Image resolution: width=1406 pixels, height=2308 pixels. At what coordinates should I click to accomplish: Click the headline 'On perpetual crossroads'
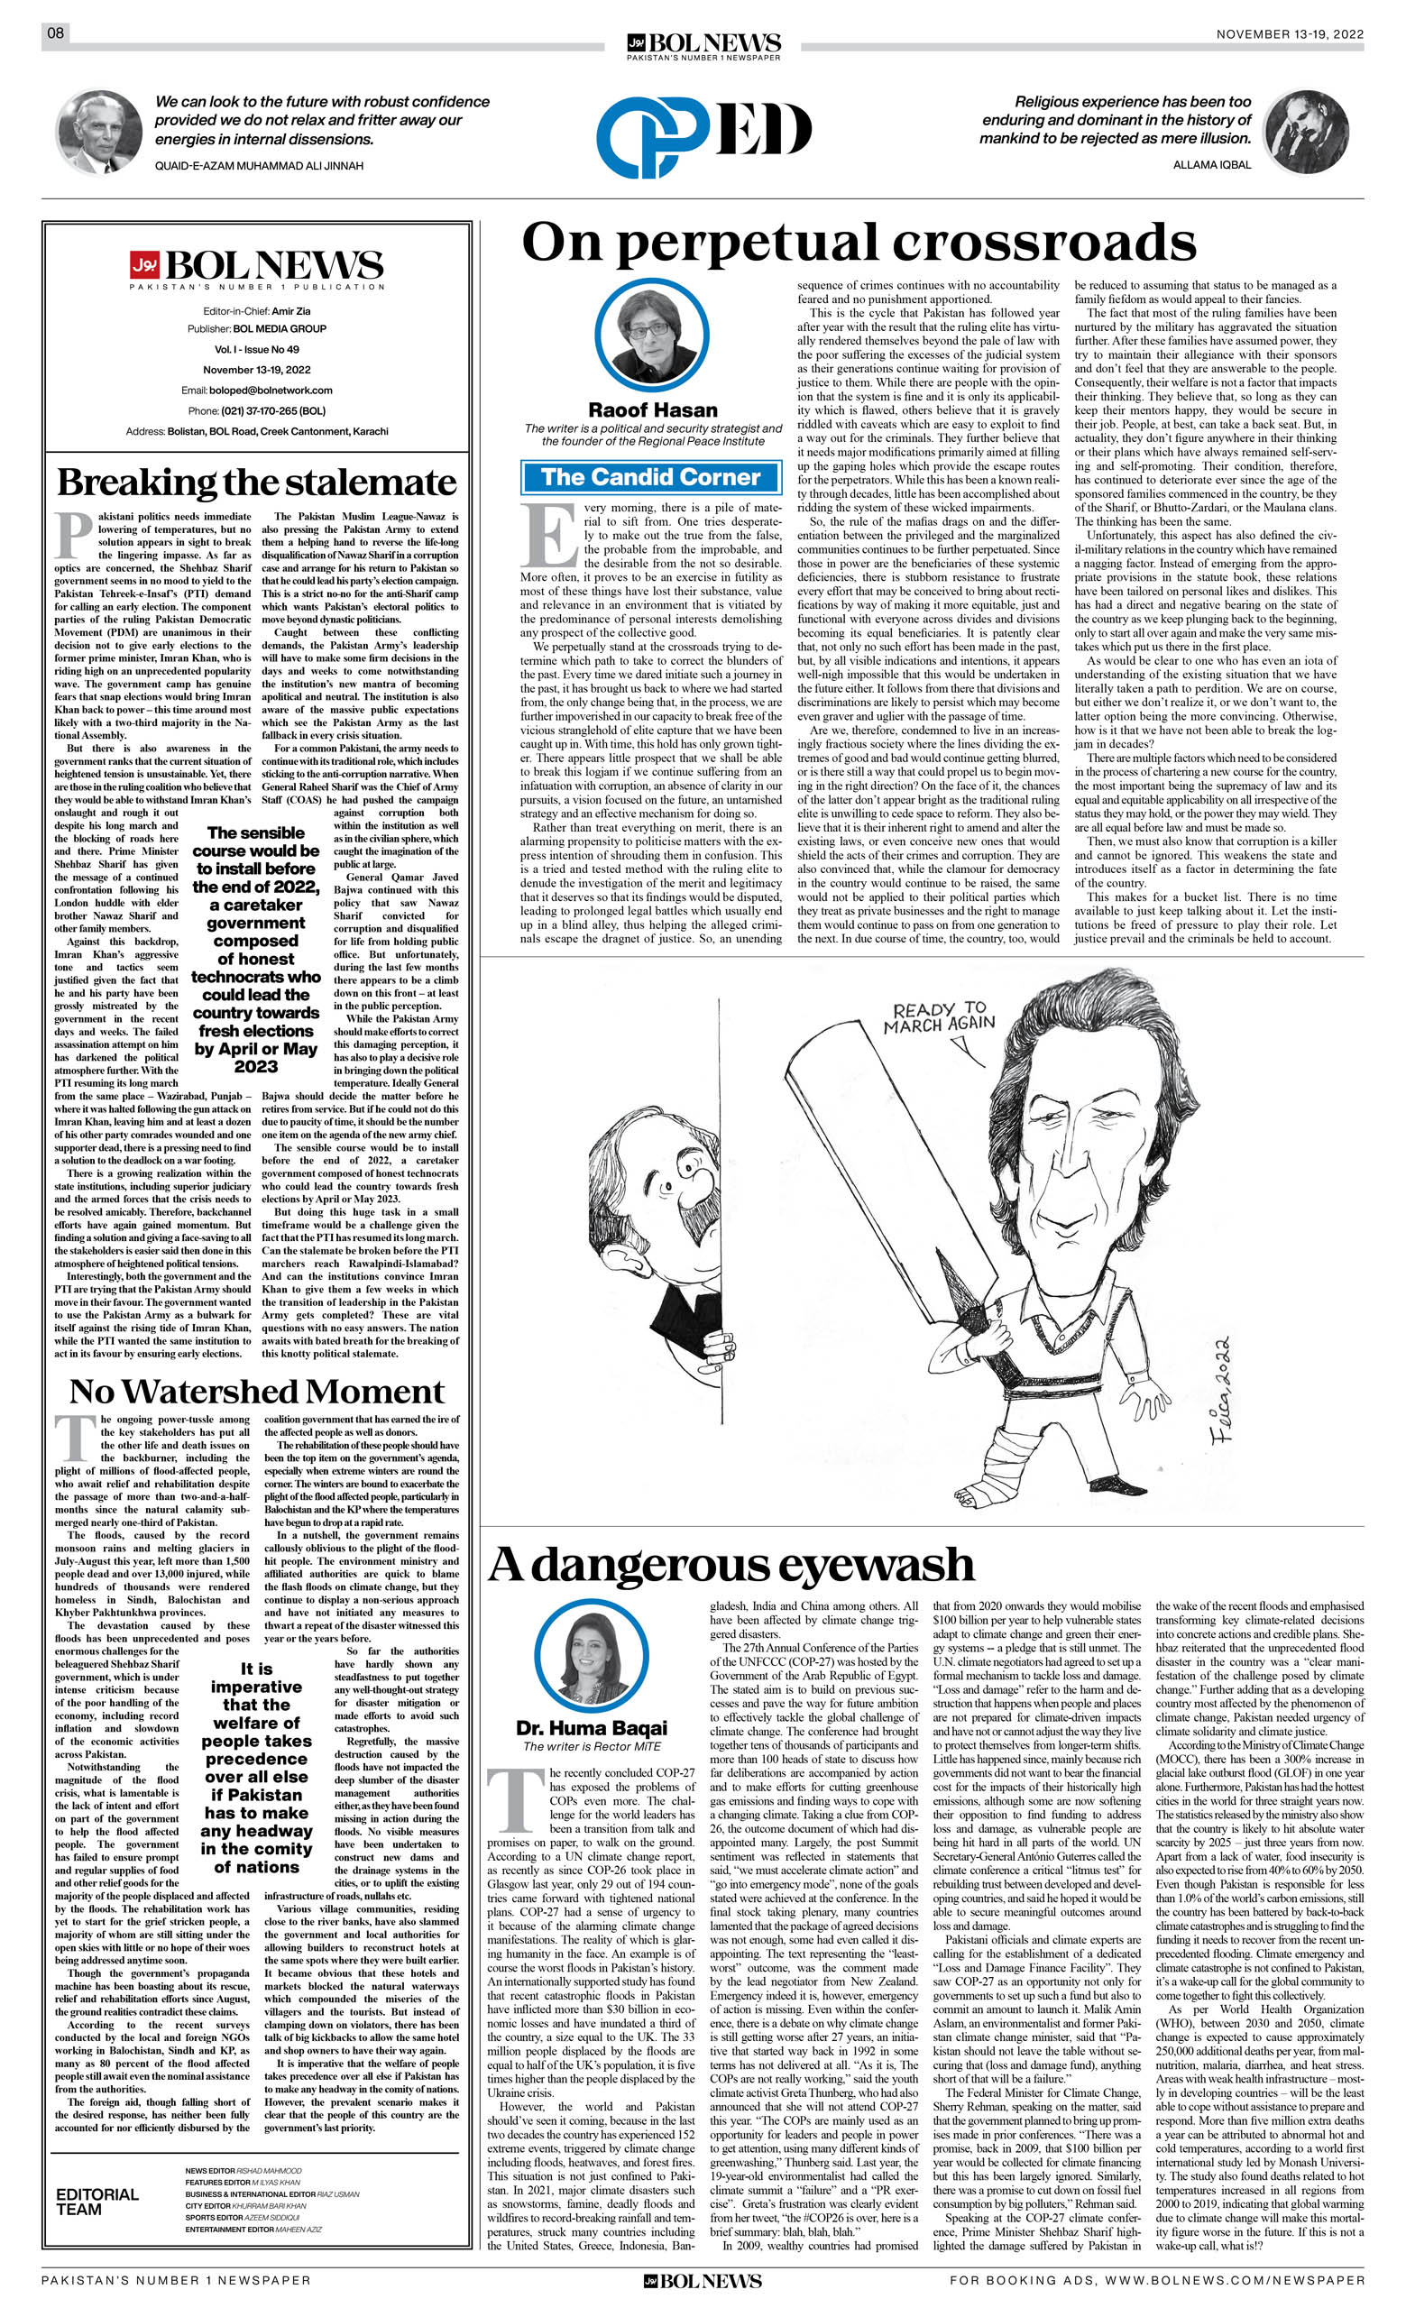click(858, 243)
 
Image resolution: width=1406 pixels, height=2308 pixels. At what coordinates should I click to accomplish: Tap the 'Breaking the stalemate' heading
click(257, 483)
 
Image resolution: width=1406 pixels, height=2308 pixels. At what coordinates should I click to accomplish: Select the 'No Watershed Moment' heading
click(257, 1391)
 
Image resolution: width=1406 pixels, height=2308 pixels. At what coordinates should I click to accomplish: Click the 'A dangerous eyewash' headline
click(731, 1565)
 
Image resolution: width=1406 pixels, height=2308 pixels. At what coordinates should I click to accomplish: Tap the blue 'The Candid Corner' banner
click(650, 477)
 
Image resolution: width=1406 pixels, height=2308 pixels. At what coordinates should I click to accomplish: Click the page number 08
click(55, 33)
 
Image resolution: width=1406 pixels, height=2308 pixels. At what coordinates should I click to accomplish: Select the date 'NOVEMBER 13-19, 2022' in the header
click(1289, 34)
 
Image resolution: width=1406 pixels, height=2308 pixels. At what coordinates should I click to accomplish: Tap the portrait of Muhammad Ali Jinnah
click(99, 132)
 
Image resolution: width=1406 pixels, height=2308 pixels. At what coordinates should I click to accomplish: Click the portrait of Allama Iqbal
click(1306, 132)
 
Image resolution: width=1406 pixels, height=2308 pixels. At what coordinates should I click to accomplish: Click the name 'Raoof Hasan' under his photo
click(652, 410)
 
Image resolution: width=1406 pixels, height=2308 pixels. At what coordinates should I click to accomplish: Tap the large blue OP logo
click(652, 139)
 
